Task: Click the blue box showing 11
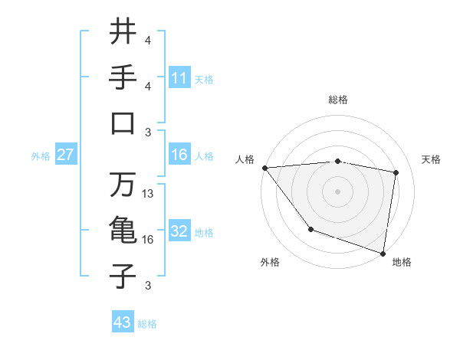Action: pyautogui.click(x=179, y=77)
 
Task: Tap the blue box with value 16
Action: pyautogui.click(x=179, y=155)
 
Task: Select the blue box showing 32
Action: pyautogui.click(x=179, y=231)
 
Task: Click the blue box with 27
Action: pyautogui.click(x=66, y=155)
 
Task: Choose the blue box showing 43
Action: pyautogui.click(x=123, y=322)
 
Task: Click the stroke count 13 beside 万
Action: pyautogui.click(x=149, y=194)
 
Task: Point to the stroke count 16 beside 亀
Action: pyautogui.click(x=149, y=240)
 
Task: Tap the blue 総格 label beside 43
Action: pyautogui.click(x=147, y=324)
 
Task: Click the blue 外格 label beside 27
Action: pyautogui.click(x=41, y=156)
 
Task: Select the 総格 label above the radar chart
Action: pyautogui.click(x=337, y=100)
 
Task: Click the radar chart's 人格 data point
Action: pyautogui.click(x=264, y=168)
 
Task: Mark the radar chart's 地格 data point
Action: pyautogui.click(x=383, y=253)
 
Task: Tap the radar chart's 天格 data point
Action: pyautogui.click(x=396, y=172)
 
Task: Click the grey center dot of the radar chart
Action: pyautogui.click(x=337, y=191)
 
